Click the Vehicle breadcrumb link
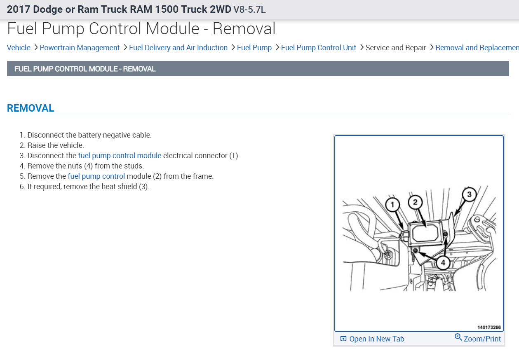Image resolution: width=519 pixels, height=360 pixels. click(x=19, y=48)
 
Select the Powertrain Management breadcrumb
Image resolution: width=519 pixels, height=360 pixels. click(x=80, y=48)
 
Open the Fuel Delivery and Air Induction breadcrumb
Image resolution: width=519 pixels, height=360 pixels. click(x=178, y=48)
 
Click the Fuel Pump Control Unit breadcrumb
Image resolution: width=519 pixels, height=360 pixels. click(x=318, y=48)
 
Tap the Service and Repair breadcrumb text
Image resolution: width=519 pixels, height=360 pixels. click(x=395, y=48)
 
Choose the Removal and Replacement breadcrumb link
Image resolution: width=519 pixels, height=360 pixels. click(x=477, y=48)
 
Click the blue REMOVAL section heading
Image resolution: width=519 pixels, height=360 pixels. click(x=31, y=108)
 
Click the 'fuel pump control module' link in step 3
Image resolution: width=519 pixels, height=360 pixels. click(x=120, y=156)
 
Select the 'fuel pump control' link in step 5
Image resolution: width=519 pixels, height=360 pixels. click(x=96, y=176)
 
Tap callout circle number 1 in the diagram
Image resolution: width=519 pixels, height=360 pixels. click(x=392, y=204)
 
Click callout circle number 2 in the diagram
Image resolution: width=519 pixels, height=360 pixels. click(x=415, y=202)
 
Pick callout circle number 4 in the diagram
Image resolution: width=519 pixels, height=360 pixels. click(x=443, y=262)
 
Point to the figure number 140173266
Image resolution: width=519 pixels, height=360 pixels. click(x=489, y=327)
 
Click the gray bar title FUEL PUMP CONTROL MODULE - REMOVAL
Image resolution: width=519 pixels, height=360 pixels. click(x=85, y=69)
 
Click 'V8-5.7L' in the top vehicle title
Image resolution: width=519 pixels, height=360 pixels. click(x=249, y=9)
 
